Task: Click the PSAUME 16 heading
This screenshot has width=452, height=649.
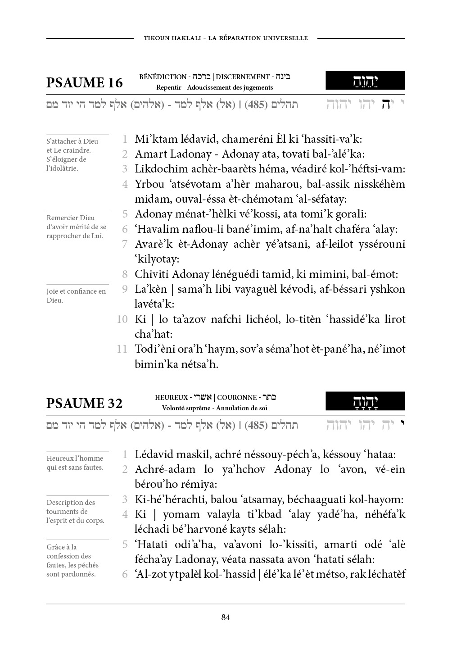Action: (x=84, y=83)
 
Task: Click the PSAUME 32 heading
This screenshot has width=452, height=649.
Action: (x=84, y=403)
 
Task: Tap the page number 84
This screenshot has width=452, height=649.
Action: (x=226, y=617)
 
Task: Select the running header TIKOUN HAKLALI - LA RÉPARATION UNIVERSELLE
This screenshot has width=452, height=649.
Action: (x=226, y=38)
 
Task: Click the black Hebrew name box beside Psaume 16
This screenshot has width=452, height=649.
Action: (x=365, y=81)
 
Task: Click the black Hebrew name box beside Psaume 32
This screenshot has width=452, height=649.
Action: (x=365, y=401)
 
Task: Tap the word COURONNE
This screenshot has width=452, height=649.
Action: (x=237, y=398)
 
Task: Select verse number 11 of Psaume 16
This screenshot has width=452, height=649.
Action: (x=122, y=349)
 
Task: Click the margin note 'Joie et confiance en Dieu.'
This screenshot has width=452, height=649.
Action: (x=76, y=296)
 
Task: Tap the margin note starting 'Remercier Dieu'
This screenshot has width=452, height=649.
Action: (x=76, y=227)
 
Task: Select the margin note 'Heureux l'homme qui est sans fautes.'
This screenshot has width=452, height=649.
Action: (x=75, y=463)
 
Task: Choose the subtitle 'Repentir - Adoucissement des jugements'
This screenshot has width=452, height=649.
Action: (x=214, y=88)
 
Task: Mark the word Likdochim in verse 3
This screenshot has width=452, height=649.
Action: (x=158, y=169)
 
